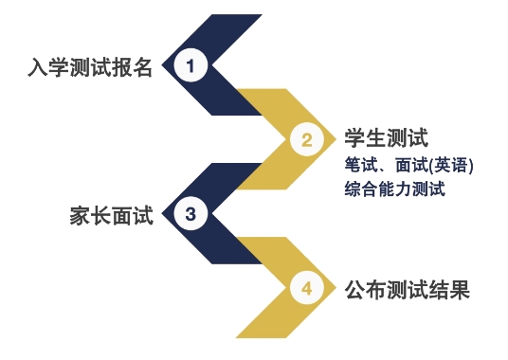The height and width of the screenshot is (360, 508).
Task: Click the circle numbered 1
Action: point(190,66)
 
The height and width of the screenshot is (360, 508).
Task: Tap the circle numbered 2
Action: point(306,141)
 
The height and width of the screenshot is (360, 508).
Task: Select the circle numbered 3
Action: point(190,214)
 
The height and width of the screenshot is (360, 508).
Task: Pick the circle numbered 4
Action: point(306,288)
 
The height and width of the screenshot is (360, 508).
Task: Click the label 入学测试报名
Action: point(90,69)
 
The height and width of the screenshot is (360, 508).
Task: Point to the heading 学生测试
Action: point(382,138)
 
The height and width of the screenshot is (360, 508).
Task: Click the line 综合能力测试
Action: point(394,188)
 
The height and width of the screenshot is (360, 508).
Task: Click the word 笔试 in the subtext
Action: point(359,165)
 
